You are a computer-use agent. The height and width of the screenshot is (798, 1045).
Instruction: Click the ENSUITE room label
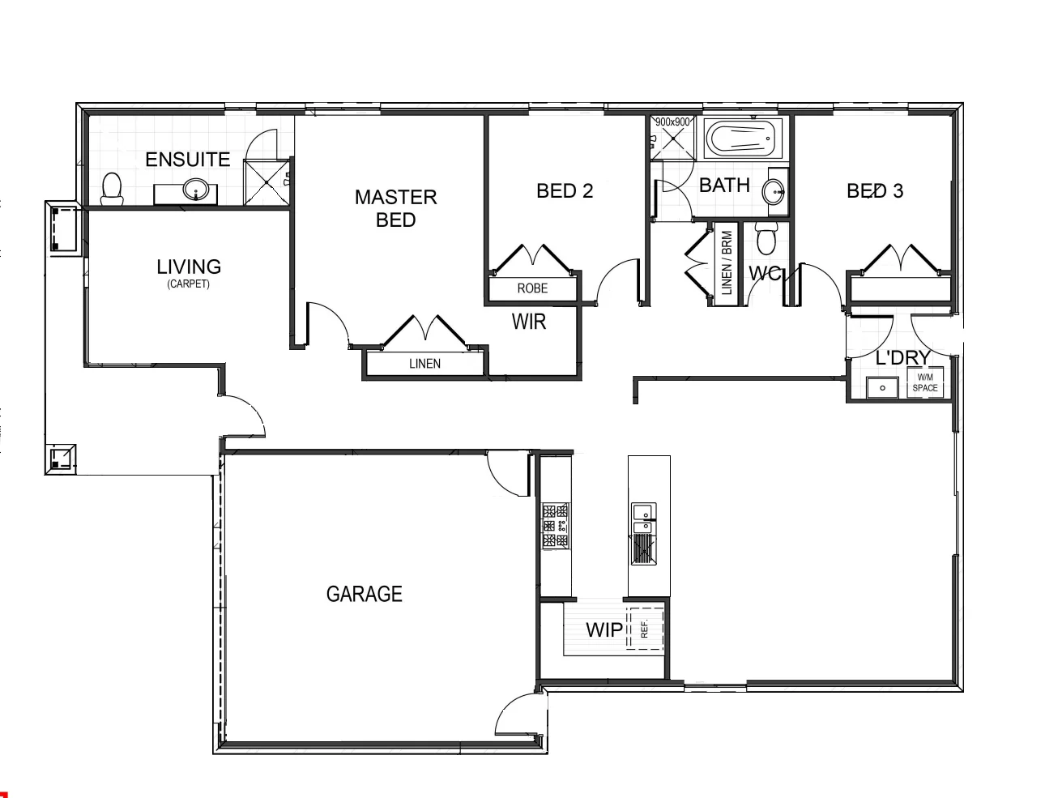click(x=187, y=160)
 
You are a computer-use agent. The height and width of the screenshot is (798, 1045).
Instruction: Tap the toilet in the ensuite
click(x=112, y=188)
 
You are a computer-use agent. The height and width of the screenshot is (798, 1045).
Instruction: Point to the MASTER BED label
click(x=395, y=208)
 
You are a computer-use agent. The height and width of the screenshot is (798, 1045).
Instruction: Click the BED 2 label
click(x=565, y=191)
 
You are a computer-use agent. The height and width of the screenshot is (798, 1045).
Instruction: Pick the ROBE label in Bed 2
click(x=532, y=288)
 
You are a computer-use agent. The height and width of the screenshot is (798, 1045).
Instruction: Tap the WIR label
click(x=529, y=322)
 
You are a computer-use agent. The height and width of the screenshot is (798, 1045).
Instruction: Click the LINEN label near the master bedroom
click(x=424, y=364)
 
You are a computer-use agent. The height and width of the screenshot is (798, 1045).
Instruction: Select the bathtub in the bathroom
click(x=741, y=139)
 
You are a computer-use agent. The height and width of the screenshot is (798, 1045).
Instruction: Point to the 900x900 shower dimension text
click(x=672, y=122)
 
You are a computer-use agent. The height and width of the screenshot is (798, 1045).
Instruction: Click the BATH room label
click(x=724, y=186)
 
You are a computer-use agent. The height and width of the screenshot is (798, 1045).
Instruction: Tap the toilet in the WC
click(x=766, y=240)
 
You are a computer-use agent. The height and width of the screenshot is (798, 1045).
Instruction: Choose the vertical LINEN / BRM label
click(x=727, y=262)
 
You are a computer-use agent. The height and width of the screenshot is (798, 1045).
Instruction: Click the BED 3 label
click(x=874, y=191)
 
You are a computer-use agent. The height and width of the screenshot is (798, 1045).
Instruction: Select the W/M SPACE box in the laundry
click(x=925, y=383)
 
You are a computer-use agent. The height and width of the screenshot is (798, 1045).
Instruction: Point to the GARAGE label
click(x=364, y=594)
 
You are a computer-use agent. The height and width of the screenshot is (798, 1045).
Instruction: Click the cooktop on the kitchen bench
click(x=555, y=526)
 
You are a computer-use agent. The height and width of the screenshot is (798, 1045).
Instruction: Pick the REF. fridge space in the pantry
click(x=646, y=629)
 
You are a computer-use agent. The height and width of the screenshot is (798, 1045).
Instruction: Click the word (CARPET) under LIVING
click(x=188, y=284)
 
